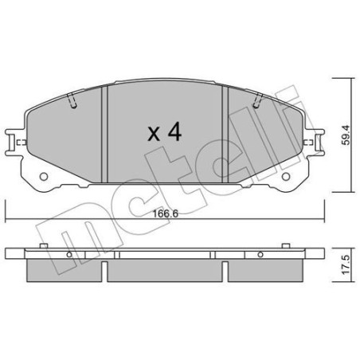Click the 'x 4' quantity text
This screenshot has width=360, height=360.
(165, 132)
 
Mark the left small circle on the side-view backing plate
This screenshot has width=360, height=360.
(70, 256)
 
